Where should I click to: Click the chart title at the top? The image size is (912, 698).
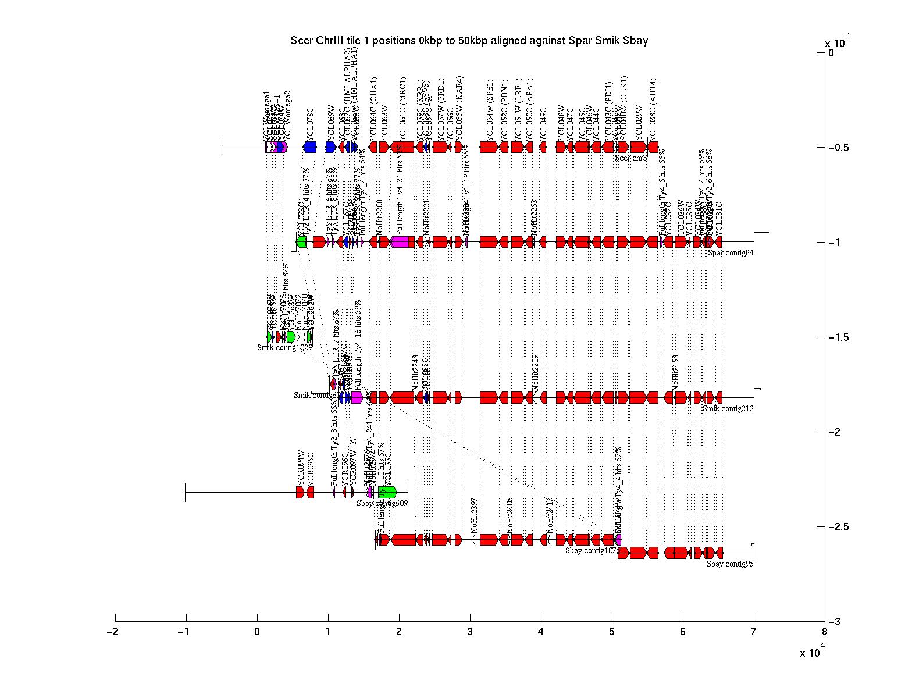(x=469, y=41)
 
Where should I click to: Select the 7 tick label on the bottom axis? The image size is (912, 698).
(x=754, y=632)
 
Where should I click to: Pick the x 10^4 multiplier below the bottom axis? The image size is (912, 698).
(x=812, y=653)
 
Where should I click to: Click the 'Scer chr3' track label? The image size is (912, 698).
(x=631, y=158)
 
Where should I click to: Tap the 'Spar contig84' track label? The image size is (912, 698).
(x=731, y=252)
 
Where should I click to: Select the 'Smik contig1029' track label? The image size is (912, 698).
(x=285, y=347)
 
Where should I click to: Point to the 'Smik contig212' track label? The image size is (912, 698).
(x=728, y=408)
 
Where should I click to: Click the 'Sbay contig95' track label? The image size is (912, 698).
(x=730, y=564)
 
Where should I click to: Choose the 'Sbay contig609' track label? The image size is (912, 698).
(x=382, y=504)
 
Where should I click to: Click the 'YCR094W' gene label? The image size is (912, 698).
(x=301, y=468)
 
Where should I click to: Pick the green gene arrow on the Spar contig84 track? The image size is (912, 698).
(x=301, y=242)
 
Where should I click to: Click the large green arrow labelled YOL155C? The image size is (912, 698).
(x=387, y=492)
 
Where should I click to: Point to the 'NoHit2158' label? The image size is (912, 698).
(x=676, y=372)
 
